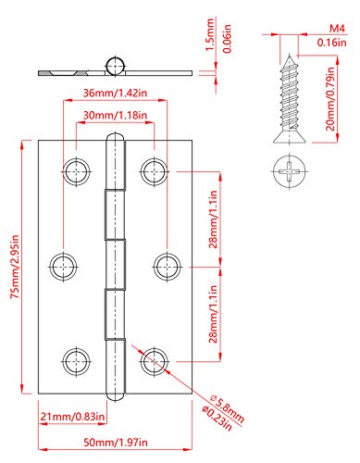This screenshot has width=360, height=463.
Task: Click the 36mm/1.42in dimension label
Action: (116, 93)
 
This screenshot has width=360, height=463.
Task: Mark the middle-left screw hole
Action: (62, 263)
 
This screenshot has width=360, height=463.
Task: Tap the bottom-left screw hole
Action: (75, 357)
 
